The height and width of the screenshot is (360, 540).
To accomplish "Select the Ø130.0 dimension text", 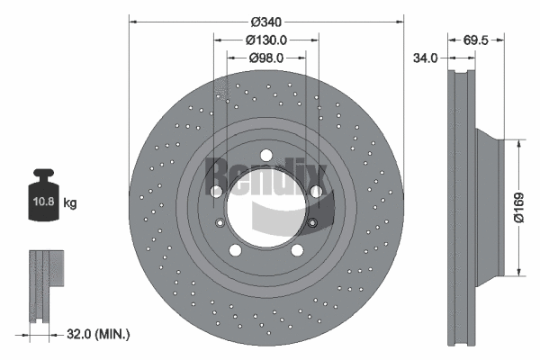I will pyautogui.click(x=265, y=40).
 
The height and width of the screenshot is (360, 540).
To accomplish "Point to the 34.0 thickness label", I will pyautogui.click(x=425, y=58).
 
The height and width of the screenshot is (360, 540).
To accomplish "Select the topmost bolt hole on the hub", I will pyautogui.click(x=266, y=157).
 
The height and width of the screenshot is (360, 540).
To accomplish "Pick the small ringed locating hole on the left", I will pyautogui.click(x=219, y=223).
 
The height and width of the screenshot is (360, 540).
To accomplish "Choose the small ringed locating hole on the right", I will pyautogui.click(x=312, y=223).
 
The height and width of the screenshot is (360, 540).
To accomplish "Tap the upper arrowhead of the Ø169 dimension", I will pyautogui.click(x=520, y=142).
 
